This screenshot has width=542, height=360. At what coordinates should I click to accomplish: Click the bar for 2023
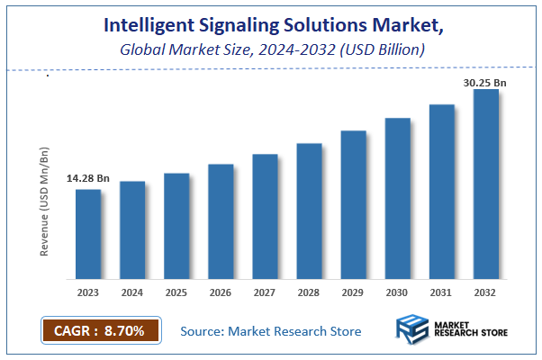88,234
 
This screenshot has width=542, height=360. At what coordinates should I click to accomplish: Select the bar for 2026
221,221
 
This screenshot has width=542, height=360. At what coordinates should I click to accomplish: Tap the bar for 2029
354,204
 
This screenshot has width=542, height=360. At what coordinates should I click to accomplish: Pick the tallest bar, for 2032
486,184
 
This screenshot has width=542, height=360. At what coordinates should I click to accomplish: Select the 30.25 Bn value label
484,81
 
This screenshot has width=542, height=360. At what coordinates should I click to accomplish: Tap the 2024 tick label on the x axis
132,292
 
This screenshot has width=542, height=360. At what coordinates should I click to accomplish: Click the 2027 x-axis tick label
265,292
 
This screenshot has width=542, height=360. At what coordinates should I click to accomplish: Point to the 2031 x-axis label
442,292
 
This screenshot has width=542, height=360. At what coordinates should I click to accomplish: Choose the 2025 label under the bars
176,292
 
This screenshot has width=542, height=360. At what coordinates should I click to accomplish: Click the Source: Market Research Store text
271,331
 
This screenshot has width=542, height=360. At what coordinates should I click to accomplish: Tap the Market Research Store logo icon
412,331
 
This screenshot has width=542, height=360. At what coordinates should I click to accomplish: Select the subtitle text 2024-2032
294,49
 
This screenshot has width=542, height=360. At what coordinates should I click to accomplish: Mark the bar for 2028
310,211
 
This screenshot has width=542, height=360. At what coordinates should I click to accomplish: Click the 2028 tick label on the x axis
309,292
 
